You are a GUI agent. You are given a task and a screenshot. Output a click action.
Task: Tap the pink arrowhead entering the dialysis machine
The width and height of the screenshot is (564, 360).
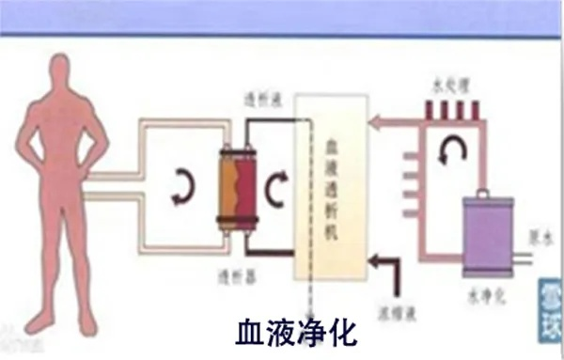click(x=374, y=120)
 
